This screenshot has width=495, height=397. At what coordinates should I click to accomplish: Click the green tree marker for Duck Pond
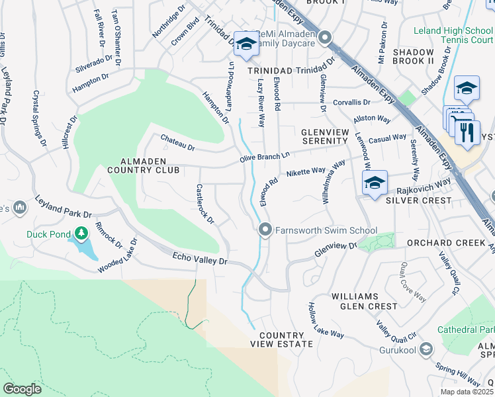[x=81, y=233]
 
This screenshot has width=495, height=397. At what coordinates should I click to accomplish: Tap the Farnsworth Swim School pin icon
[x=265, y=230]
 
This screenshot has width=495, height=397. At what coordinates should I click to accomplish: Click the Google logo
[x=22, y=388]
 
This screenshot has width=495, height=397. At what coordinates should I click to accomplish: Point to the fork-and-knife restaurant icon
[x=467, y=132]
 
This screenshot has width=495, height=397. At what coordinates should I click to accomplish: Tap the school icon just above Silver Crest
[x=374, y=183]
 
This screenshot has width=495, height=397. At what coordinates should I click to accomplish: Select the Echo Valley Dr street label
[x=200, y=259]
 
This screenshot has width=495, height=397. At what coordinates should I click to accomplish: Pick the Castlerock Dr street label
[x=205, y=204]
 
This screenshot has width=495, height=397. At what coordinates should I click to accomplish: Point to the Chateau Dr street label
[x=178, y=142]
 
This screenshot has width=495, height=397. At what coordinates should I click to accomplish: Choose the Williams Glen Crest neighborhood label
[x=364, y=301]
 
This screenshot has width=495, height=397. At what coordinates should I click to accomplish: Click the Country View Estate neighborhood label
[x=281, y=340]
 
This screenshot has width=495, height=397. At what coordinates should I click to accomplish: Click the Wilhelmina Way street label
[x=334, y=182]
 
